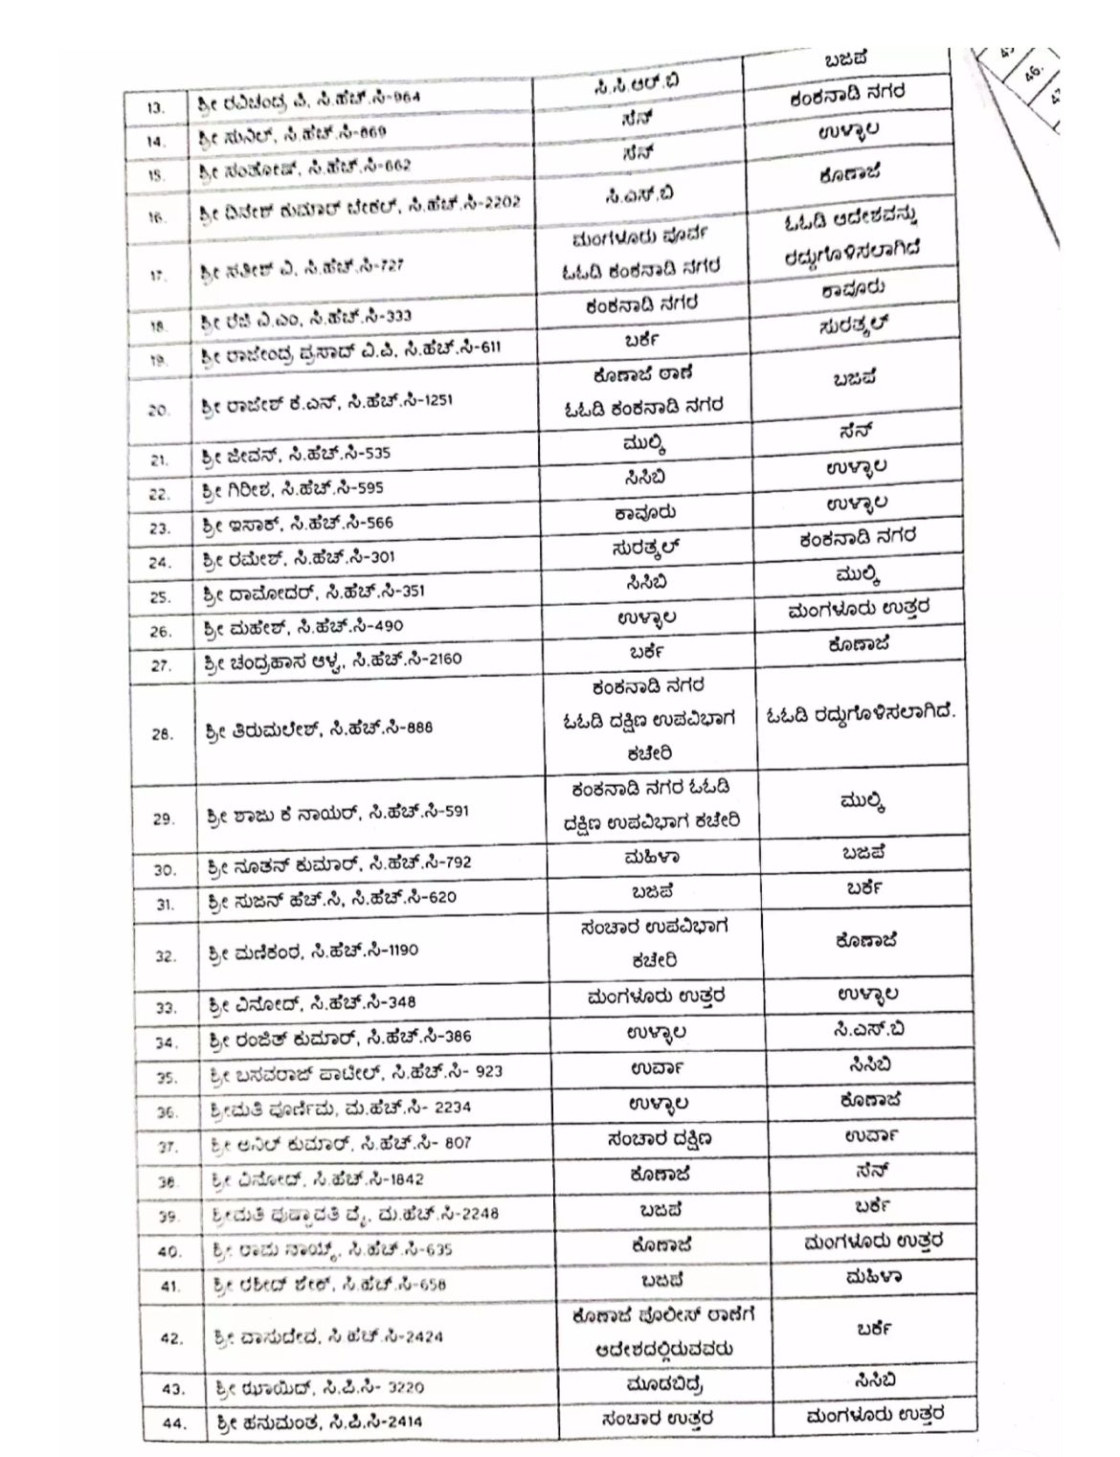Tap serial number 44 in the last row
click(x=172, y=1423)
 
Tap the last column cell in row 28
click(x=861, y=714)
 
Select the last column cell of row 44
click(x=876, y=1414)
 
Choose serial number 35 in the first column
click(x=167, y=1077)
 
